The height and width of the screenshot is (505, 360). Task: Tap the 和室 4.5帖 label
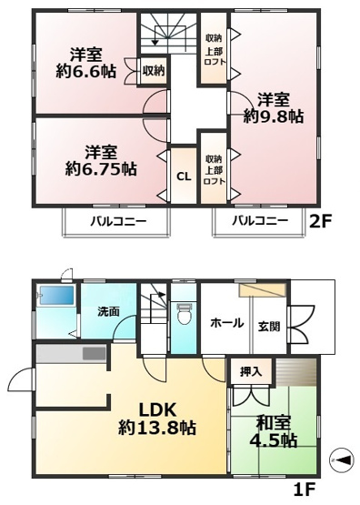[x=274, y=430]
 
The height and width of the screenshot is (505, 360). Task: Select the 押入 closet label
[x=251, y=372]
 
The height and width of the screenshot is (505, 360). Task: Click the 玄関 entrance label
[x=269, y=326]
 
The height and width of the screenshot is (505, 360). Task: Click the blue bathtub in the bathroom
[x=56, y=297]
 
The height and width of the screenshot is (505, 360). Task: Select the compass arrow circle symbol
[x=341, y=460]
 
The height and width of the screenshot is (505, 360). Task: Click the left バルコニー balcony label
[x=115, y=221]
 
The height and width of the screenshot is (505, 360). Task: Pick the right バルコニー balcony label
[x=259, y=221]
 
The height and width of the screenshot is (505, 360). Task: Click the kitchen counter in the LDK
[x=72, y=353]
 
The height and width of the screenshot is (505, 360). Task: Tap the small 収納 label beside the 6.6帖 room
[x=154, y=70]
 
